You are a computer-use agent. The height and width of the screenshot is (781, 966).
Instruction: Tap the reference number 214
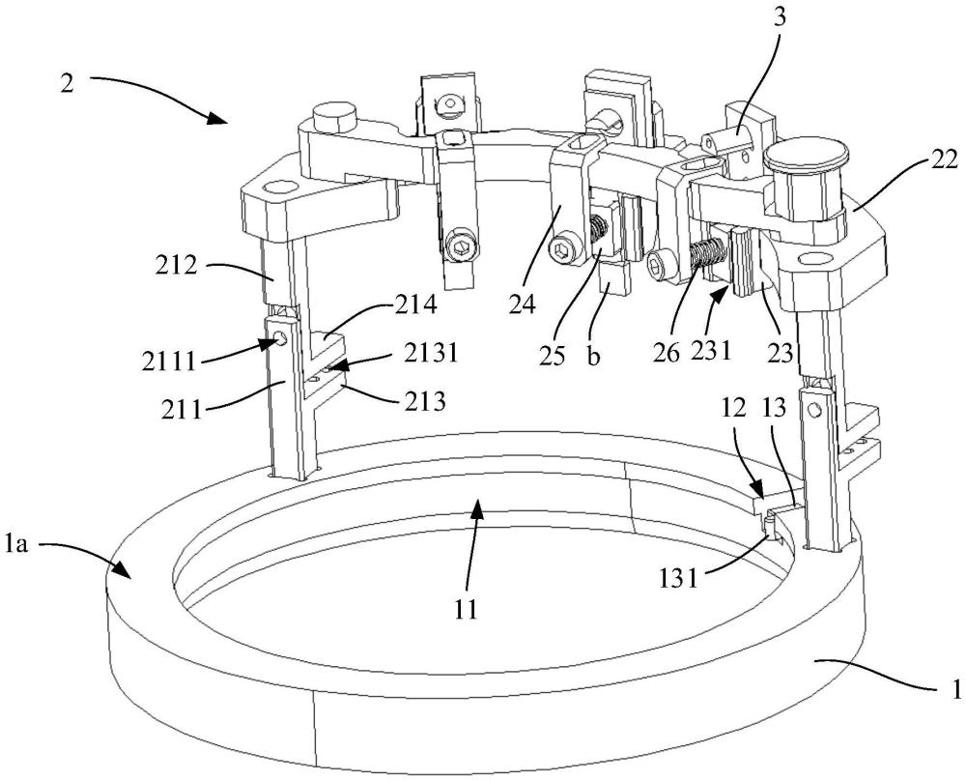pyautogui.click(x=418, y=304)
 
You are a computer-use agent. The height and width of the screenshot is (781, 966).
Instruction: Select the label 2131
pyautogui.click(x=431, y=354)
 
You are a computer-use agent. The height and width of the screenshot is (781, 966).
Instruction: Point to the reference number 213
pyautogui.click(x=426, y=401)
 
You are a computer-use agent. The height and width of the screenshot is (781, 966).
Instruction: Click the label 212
pyautogui.click(x=176, y=266)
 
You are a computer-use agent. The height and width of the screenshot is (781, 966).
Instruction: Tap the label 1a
pyautogui.click(x=16, y=544)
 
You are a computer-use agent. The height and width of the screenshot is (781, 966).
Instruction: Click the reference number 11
pyautogui.click(x=467, y=610)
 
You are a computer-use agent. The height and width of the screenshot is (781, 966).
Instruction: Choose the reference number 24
pyautogui.click(x=522, y=304)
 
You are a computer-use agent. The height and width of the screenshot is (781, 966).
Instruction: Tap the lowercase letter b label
pyautogui.click(x=593, y=357)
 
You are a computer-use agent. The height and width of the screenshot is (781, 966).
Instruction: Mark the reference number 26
pyautogui.click(x=668, y=352)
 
